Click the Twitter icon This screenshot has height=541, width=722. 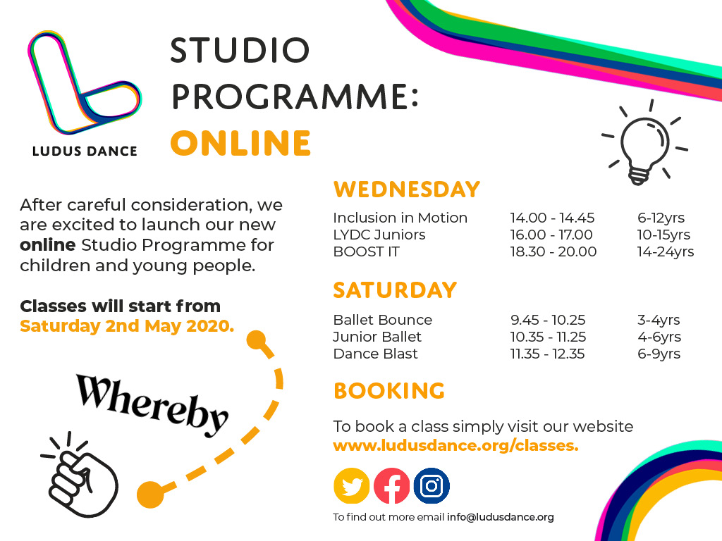(x=351, y=486)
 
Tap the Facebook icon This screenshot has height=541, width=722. (x=391, y=486)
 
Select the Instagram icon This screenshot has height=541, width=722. (x=432, y=486)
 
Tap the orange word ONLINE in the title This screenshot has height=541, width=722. (x=240, y=143)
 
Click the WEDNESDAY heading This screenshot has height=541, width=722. (x=406, y=189)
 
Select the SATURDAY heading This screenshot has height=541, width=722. (x=395, y=290)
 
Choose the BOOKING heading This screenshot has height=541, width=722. (x=389, y=391)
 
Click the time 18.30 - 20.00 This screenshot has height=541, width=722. (x=553, y=251)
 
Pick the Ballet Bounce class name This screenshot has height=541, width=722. (x=382, y=320)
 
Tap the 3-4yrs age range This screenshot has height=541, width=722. (x=659, y=320)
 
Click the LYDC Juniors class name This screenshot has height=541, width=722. (x=379, y=235)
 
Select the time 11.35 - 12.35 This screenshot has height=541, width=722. (x=548, y=354)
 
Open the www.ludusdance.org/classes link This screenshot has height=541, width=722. (x=455, y=445)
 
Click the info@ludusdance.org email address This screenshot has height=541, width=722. (x=500, y=517)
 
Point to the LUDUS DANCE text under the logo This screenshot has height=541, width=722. (x=85, y=151)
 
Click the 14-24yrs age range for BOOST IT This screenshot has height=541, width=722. (x=666, y=251)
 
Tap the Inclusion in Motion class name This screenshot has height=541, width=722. (x=400, y=218)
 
